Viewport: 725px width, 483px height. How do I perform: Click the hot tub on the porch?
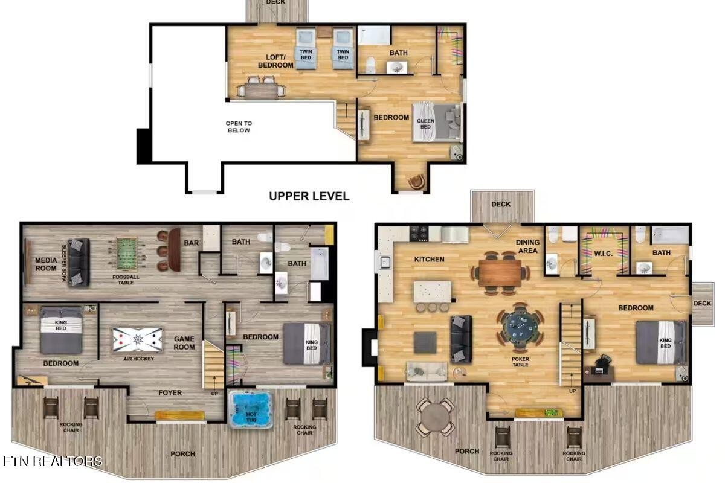(250, 409)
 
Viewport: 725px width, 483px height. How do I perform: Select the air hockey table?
(137, 340)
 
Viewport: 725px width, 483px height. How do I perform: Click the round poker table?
(520, 327)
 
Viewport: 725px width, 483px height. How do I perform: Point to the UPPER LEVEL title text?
(309, 196)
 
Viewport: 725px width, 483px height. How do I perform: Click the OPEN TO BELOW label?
(239, 127)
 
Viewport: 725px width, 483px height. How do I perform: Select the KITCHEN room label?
(429, 259)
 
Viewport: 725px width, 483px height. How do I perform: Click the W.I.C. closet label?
(604, 254)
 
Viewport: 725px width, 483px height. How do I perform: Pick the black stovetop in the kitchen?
(419, 234)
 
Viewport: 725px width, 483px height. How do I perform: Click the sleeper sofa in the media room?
(79, 262)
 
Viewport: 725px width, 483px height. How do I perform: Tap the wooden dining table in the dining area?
(500, 273)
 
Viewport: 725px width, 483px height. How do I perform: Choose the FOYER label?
(170, 393)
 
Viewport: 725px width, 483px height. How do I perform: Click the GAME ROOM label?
(184, 343)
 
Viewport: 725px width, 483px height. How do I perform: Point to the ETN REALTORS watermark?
(53, 461)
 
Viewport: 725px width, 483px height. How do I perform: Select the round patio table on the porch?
(436, 417)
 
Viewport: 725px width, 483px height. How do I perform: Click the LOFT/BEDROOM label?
(275, 61)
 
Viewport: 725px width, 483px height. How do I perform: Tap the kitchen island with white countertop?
(432, 292)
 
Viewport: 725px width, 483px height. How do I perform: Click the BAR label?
(192, 243)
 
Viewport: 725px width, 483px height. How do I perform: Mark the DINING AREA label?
(527, 246)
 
